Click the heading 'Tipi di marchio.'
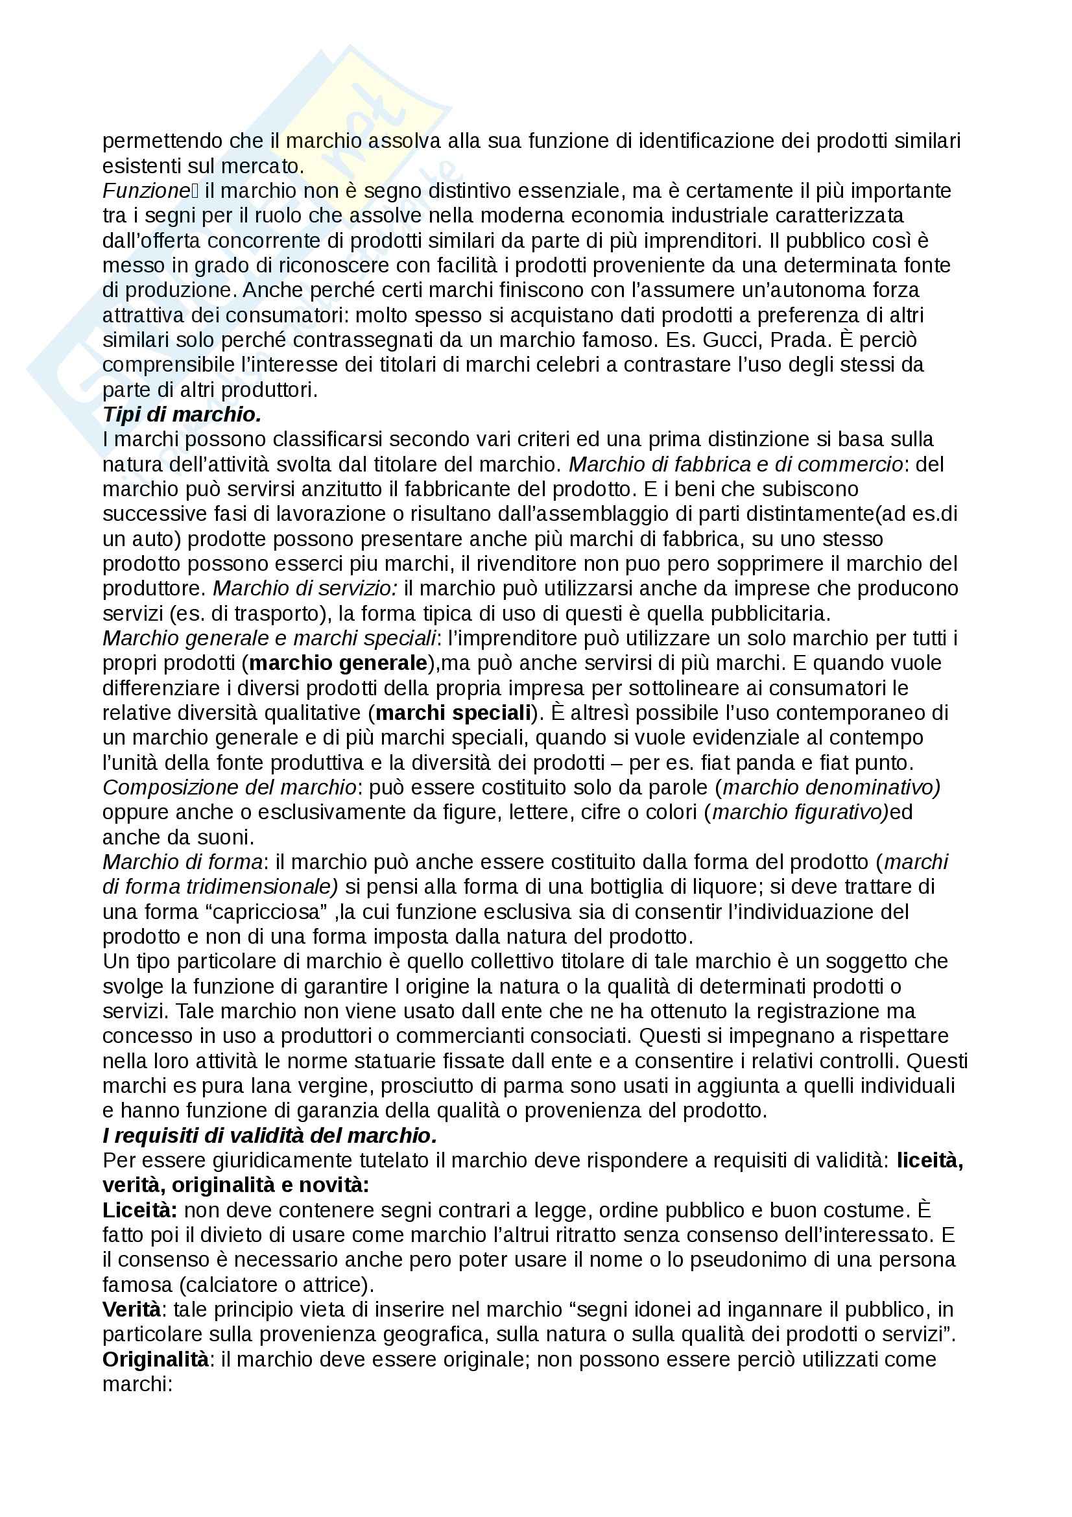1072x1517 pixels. coord(182,414)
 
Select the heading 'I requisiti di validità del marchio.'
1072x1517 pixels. coord(270,1136)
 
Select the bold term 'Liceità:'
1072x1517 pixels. coord(140,1210)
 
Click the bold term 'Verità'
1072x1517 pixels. coord(132,1310)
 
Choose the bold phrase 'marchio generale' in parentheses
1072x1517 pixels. coord(338,663)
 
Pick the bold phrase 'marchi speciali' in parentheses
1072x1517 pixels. coord(453,713)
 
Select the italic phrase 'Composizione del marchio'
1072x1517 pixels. coord(229,787)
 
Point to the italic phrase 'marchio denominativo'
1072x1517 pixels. coord(830,787)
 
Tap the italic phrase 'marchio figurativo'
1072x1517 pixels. coord(799,812)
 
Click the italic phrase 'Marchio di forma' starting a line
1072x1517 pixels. coord(182,862)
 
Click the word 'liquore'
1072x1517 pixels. coord(724,887)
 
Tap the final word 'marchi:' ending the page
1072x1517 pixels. coord(137,1384)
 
